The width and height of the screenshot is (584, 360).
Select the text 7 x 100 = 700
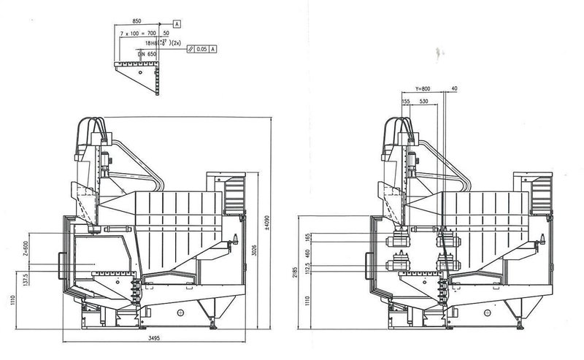[138, 34]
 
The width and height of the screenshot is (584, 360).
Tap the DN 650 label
[148, 54]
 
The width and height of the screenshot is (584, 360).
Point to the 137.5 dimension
[25, 281]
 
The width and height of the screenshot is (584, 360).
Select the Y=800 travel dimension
[420, 88]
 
